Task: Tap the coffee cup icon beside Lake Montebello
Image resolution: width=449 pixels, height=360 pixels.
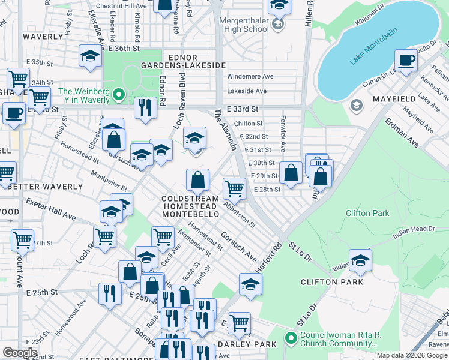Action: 406,61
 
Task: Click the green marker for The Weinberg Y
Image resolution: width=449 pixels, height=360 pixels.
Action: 119,94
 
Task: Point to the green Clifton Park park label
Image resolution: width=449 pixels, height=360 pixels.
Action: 367,213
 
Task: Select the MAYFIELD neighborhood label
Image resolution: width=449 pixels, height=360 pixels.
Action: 394,98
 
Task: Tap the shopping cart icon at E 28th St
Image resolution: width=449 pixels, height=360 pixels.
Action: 234,188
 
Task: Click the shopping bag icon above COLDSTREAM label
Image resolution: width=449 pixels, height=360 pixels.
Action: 197,179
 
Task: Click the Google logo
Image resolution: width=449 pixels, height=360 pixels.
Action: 20,352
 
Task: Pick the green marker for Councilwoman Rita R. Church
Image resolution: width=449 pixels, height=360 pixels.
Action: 291,338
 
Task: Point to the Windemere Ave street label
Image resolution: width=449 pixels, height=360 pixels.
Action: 250,77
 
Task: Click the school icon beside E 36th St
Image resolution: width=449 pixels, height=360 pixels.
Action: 90,56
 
